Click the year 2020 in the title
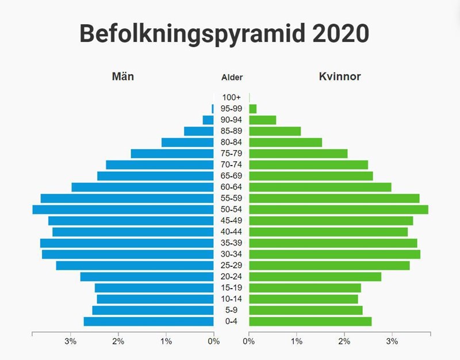[x=334, y=34]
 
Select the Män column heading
[x=122, y=76]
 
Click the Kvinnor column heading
[x=340, y=76]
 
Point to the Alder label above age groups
[x=232, y=78]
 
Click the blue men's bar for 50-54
[x=122, y=209]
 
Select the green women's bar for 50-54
[x=339, y=209]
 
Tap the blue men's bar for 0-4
[x=148, y=321]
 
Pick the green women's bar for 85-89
[x=275, y=131]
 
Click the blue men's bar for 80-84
[x=187, y=142]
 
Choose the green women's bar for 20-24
[x=315, y=277]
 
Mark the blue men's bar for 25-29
[x=135, y=266]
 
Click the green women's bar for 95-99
[x=253, y=109]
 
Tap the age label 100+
[x=232, y=98]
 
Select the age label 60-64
[x=232, y=187]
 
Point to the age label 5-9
[x=232, y=311]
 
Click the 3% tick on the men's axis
[x=71, y=343]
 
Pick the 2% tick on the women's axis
[x=344, y=343]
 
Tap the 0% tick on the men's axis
[x=213, y=343]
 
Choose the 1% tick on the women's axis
[x=297, y=343]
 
